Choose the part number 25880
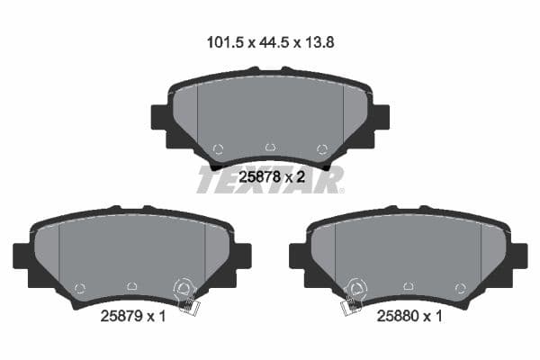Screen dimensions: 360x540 [405, 317]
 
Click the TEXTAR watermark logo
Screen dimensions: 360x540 [270, 180]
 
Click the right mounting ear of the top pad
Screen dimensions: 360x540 [381, 120]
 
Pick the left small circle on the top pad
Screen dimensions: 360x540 [217, 149]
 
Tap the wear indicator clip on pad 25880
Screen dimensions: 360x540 [355, 296]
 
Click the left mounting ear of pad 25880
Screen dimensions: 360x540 [298, 256]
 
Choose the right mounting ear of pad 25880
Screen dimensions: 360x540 [518, 256]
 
